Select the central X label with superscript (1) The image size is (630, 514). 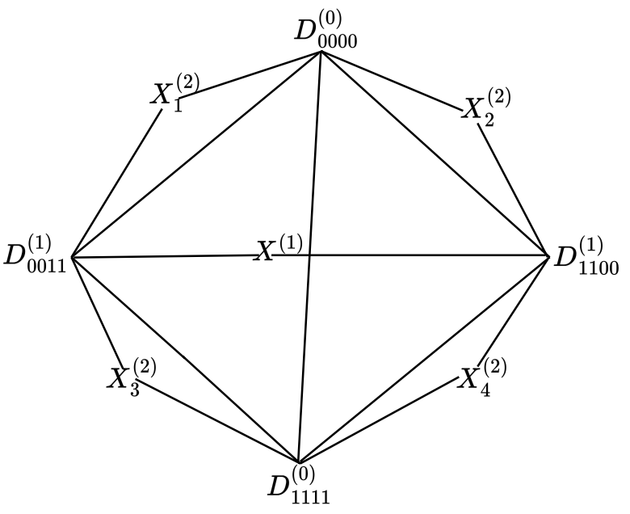pos(279,248)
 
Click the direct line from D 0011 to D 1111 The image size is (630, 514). pos(186,360)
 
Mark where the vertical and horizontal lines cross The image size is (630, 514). pos(310,256)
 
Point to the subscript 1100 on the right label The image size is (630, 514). pos(598,268)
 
